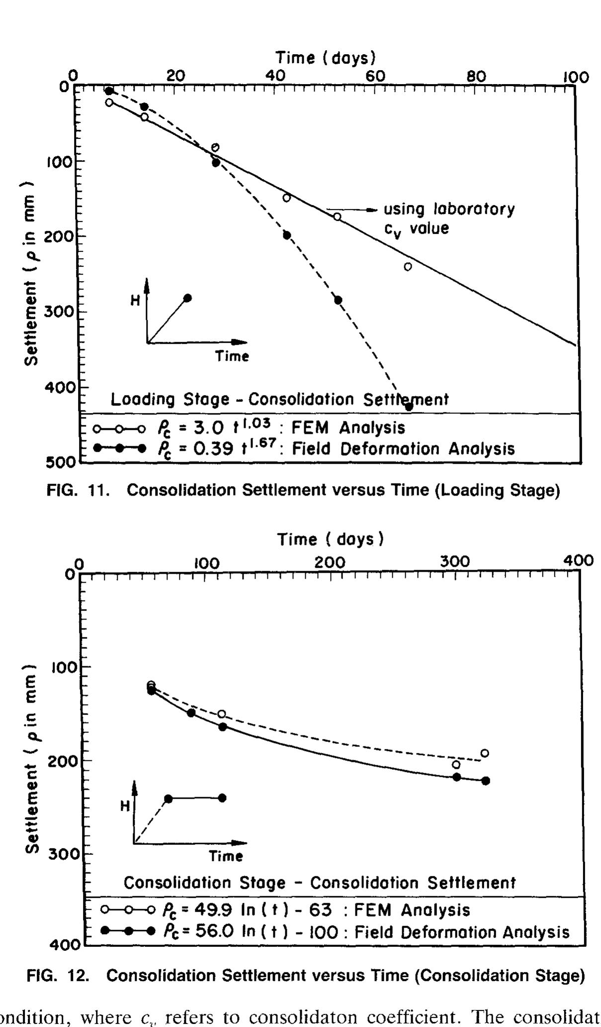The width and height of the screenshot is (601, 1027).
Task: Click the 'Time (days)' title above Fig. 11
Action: [326, 58]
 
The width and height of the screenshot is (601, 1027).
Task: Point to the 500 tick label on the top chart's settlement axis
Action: [58, 462]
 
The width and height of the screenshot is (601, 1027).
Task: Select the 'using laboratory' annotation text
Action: [449, 209]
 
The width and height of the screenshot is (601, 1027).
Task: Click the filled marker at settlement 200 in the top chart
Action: [287, 235]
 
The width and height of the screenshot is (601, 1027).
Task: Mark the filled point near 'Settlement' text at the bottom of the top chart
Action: [409, 407]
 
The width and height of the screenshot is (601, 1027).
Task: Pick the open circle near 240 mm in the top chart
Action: [408, 267]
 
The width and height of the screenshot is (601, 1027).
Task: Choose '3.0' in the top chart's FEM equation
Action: [205, 427]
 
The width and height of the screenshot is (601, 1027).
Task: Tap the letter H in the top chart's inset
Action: [135, 301]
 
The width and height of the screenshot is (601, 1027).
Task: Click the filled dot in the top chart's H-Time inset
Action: [187, 298]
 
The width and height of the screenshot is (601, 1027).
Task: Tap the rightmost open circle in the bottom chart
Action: [484, 753]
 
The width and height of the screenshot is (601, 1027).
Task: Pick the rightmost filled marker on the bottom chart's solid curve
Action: [486, 781]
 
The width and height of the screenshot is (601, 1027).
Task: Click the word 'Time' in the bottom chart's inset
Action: [226, 856]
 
